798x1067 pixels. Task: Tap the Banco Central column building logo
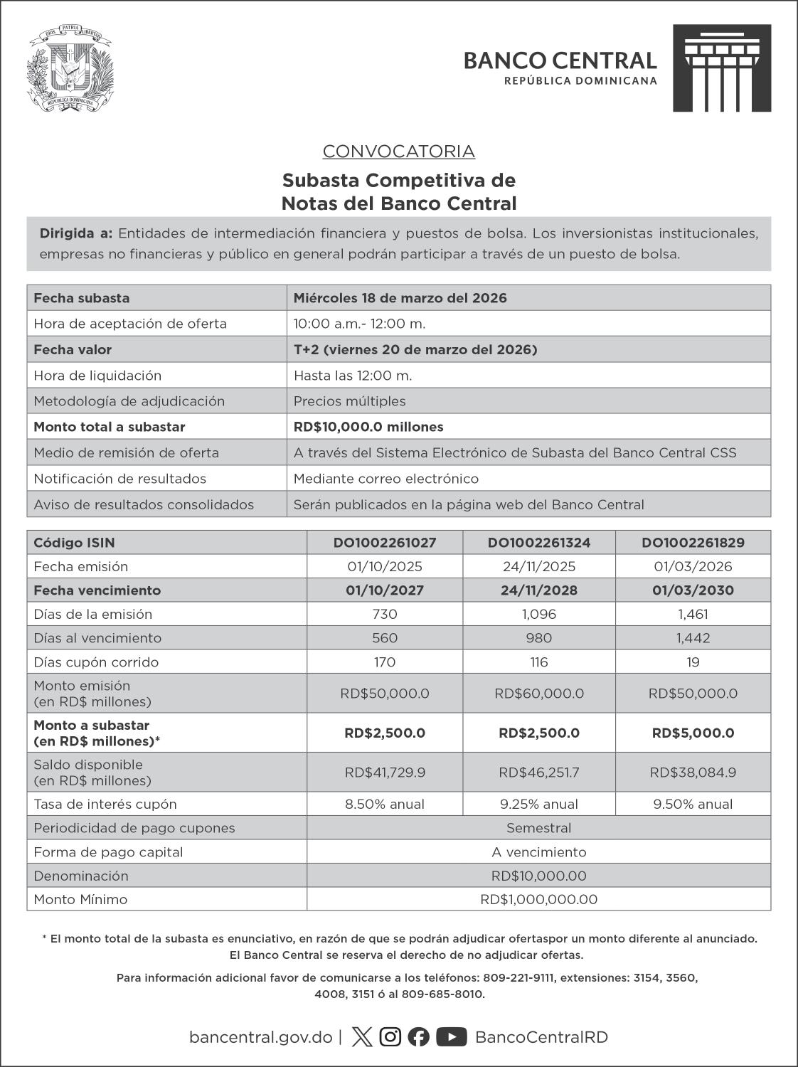[722, 68]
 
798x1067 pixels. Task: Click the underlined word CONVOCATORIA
[398, 152]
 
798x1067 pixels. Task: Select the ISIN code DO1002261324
[539, 543]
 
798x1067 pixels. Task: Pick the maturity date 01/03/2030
[693, 590]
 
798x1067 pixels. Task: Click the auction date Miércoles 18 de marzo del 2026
[400, 298]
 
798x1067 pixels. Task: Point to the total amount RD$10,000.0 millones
[368, 427]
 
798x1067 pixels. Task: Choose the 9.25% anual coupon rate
[539, 805]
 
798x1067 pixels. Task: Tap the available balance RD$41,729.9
[385, 773]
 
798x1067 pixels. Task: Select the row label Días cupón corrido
[96, 662]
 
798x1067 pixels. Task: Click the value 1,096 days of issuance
[539, 615]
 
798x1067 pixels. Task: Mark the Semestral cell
[538, 828]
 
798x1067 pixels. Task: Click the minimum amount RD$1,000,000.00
[538, 900]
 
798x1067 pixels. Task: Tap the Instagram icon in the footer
[390, 1037]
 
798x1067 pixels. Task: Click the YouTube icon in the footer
[451, 1037]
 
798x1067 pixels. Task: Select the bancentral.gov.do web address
[260, 1037]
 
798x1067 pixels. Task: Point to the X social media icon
[362, 1037]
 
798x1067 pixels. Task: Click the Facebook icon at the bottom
[419, 1037]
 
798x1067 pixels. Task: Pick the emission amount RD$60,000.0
[539, 694]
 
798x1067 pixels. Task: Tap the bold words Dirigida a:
[76, 233]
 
